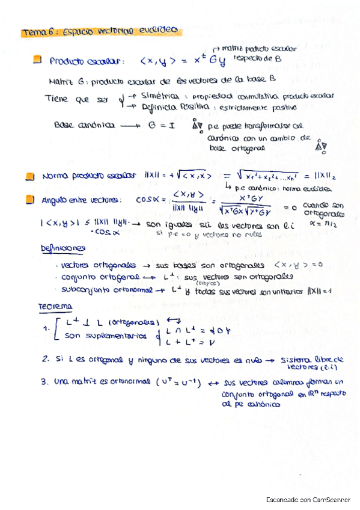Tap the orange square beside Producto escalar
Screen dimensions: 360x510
coord(37,60)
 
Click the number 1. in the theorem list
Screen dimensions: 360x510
coord(46,328)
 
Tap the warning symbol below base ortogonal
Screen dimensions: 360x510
coord(320,146)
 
